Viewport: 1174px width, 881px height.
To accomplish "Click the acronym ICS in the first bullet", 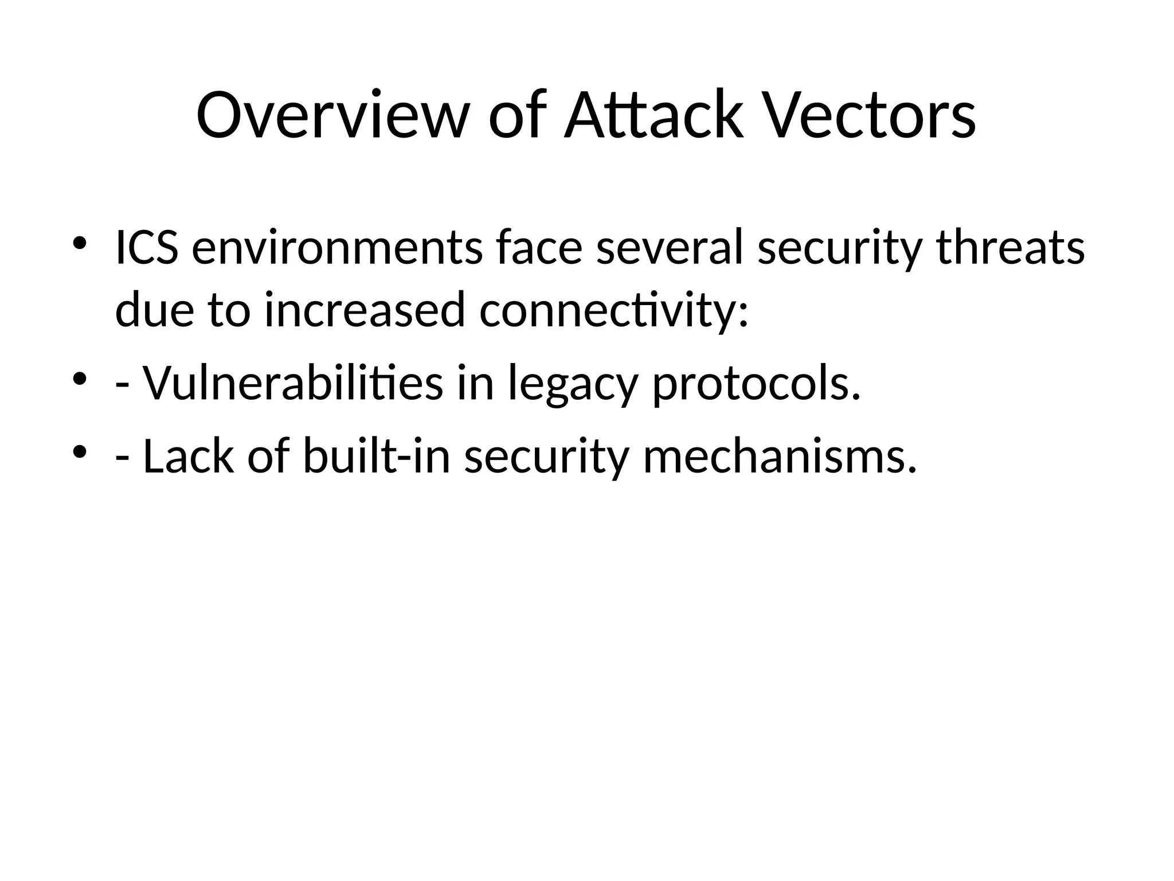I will (x=146, y=248).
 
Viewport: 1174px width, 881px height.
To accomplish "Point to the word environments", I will (x=337, y=248).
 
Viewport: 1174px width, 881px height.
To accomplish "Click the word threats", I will (x=1011, y=248).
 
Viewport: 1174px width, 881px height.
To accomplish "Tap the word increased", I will (x=365, y=310).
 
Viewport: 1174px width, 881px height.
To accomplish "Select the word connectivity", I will (x=613, y=310).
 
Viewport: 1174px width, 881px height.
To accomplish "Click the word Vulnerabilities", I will (x=292, y=383).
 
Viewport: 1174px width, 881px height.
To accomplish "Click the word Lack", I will (x=189, y=456).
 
